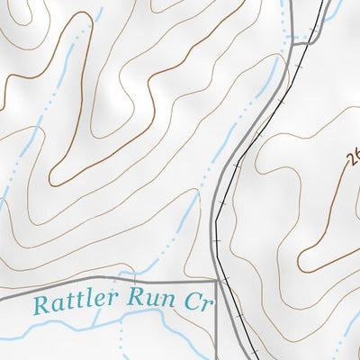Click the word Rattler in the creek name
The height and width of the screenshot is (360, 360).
pyautogui.click(x=73, y=301)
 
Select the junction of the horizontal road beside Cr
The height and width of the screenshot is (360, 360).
pyautogui.click(x=216, y=279)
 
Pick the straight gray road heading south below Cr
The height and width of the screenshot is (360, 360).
pyautogui.click(x=216, y=333)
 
